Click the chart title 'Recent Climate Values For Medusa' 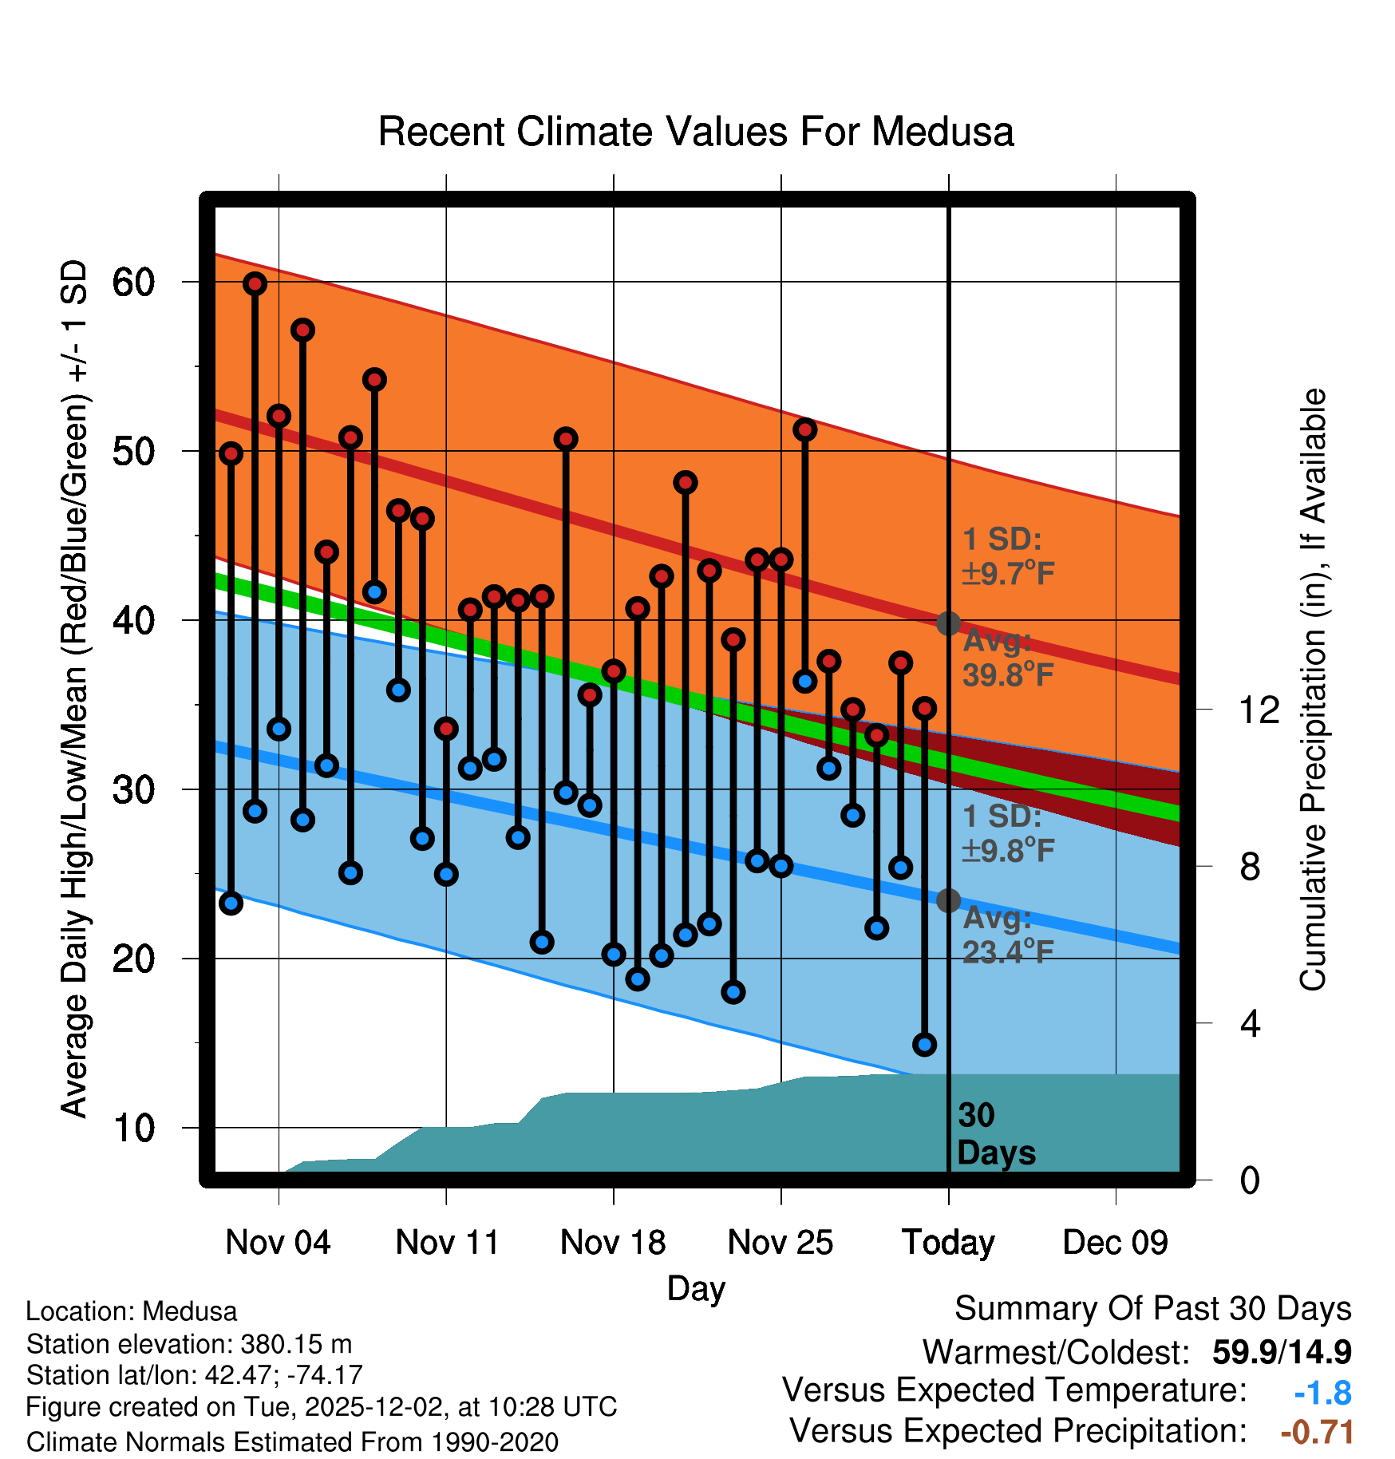(x=695, y=132)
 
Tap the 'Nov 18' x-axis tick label (x=613, y=1243)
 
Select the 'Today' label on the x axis (x=948, y=1243)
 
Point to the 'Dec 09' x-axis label (x=1115, y=1243)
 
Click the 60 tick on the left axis (x=133, y=283)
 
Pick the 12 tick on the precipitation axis (x=1259, y=710)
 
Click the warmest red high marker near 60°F (x=255, y=283)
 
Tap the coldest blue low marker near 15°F (x=924, y=1044)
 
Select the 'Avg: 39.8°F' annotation (x=1008, y=658)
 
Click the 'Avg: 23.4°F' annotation (x=1008, y=935)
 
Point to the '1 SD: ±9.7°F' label (x=1008, y=556)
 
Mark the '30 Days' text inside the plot (x=995, y=1134)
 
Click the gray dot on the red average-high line (x=948, y=623)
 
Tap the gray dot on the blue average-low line (x=948, y=900)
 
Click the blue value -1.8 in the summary (x=1322, y=1394)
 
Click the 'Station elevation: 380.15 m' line (x=189, y=1344)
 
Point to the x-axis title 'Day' (x=696, y=1289)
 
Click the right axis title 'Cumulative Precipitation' (x=1313, y=690)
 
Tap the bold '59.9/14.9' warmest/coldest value (x=1281, y=1353)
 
